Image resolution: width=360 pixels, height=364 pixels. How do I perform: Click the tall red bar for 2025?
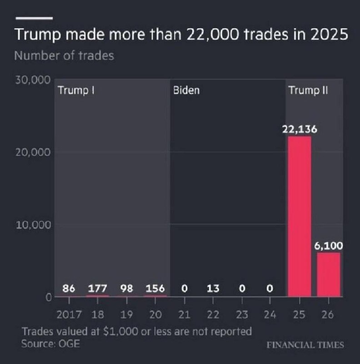point(300,217)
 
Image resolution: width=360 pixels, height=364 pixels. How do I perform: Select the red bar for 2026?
point(329,275)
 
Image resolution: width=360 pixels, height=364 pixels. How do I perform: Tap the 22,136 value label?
point(300,129)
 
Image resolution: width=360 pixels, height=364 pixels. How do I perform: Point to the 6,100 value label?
point(329,246)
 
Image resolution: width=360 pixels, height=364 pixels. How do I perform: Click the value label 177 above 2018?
point(97,288)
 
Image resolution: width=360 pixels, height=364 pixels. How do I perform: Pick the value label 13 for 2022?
point(213,288)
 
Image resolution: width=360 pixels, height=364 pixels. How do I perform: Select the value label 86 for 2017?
point(69,288)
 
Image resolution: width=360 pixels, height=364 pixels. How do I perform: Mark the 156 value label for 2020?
point(155,288)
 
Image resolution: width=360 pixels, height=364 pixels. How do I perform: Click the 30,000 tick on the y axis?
point(33,80)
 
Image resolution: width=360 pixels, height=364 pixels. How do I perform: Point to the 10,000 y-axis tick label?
point(33,225)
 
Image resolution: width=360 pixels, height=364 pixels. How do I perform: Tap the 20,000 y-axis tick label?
point(33,152)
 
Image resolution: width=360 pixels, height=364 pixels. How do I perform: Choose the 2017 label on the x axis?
point(69,315)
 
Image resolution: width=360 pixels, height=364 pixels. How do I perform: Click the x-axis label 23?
point(242,315)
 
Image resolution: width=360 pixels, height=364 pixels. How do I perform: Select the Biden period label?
point(186,90)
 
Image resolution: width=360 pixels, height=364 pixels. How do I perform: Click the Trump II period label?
point(308,91)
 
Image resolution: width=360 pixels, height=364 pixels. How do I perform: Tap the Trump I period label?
point(76,91)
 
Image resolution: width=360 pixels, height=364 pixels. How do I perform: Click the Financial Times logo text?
point(305,345)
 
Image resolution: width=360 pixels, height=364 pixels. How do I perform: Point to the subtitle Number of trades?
point(64,56)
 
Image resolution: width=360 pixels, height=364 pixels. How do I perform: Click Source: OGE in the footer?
point(50,344)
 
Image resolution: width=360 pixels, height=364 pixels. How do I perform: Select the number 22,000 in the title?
point(212,35)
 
